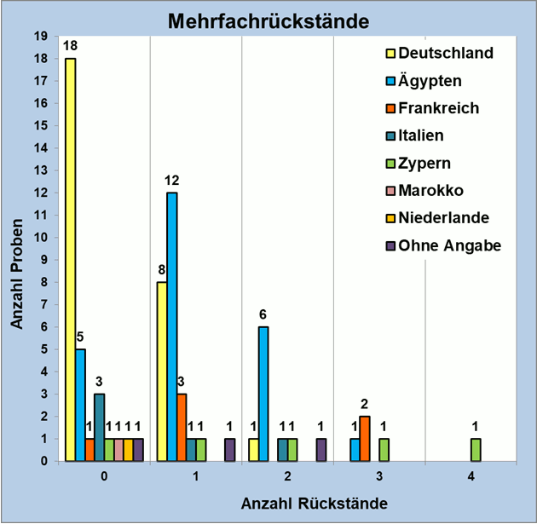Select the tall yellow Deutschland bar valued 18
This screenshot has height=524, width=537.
[70, 259]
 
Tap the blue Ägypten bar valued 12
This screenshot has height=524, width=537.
[172, 326]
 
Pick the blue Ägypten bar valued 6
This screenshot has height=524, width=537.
[264, 394]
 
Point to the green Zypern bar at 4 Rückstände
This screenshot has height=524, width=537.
[476, 450]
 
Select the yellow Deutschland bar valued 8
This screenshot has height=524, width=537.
[162, 371]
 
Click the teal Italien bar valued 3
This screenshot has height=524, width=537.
[100, 427]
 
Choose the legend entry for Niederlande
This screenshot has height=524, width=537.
[443, 218]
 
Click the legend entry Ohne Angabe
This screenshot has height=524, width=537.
[448, 245]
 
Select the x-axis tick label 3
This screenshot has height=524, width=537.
[378, 478]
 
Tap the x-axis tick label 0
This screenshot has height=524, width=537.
[103, 478]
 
